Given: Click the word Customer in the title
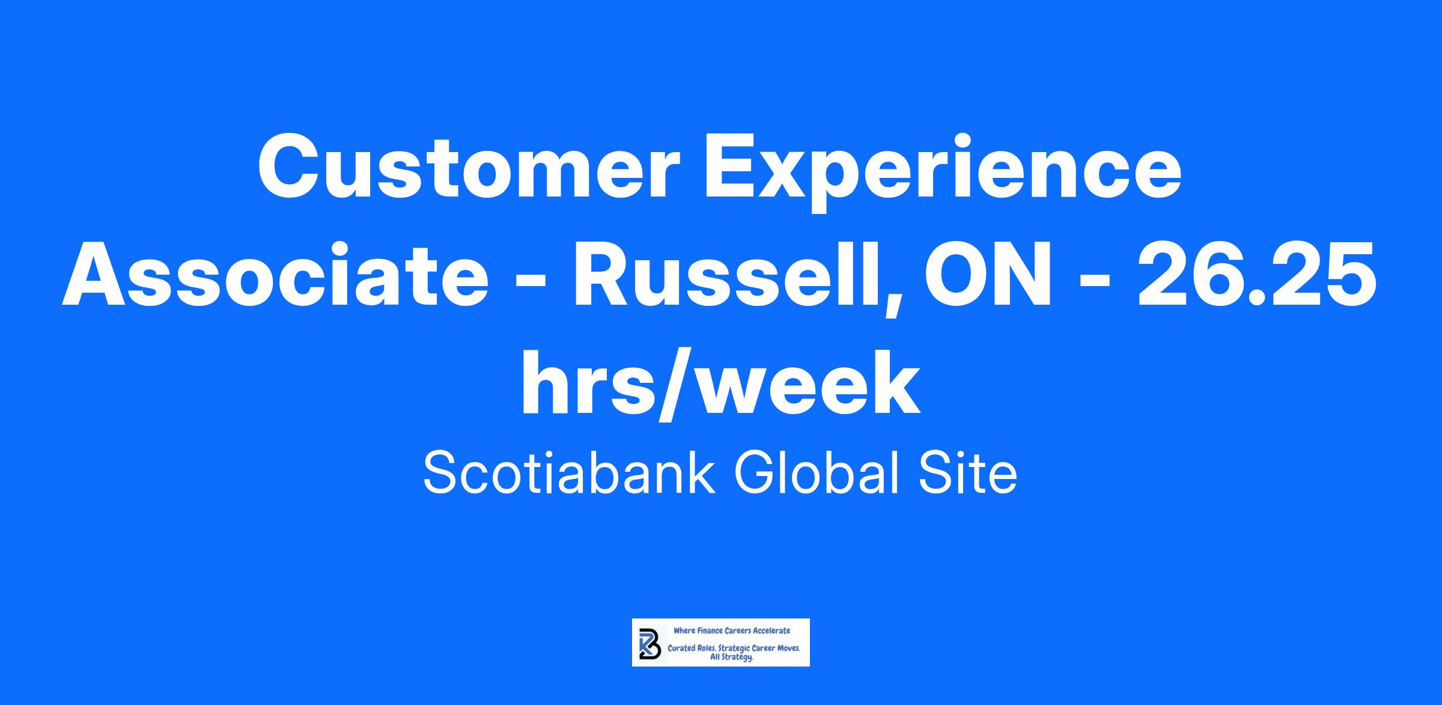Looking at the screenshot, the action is pos(469,168).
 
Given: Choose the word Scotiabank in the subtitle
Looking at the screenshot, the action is pos(570,473).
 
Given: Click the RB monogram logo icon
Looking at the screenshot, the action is pos(650,643).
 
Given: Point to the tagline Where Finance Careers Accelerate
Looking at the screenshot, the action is pos(732,630).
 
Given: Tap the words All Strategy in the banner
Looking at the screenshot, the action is pos(731,658).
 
